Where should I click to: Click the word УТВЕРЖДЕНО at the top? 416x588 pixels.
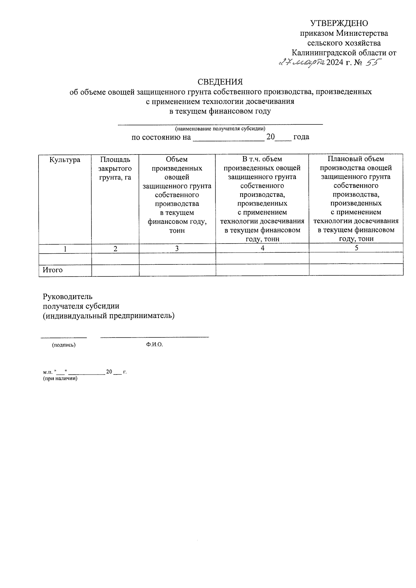coord(339,23)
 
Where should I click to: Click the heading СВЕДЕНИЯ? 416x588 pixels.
coord(220,82)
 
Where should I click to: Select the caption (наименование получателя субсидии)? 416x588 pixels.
coord(220,129)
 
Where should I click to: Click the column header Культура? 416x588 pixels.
coord(65,160)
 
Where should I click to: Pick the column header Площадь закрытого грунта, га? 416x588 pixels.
coord(115,168)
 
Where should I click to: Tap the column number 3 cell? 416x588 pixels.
coord(177,248)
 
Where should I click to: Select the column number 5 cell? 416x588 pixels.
coord(356,248)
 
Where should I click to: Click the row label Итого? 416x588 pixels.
coord(53,270)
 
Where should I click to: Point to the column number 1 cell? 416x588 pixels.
coord(65,248)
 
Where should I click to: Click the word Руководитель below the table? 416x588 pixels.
coord(68,297)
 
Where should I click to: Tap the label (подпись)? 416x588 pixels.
coord(64,345)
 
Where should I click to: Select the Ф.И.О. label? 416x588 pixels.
coord(154,345)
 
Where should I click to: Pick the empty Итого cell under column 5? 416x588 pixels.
coord(356,270)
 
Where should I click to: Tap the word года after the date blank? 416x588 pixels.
coord(301,137)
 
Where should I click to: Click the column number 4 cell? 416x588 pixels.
coord(262,248)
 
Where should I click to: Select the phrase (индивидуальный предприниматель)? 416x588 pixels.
coord(109,316)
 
